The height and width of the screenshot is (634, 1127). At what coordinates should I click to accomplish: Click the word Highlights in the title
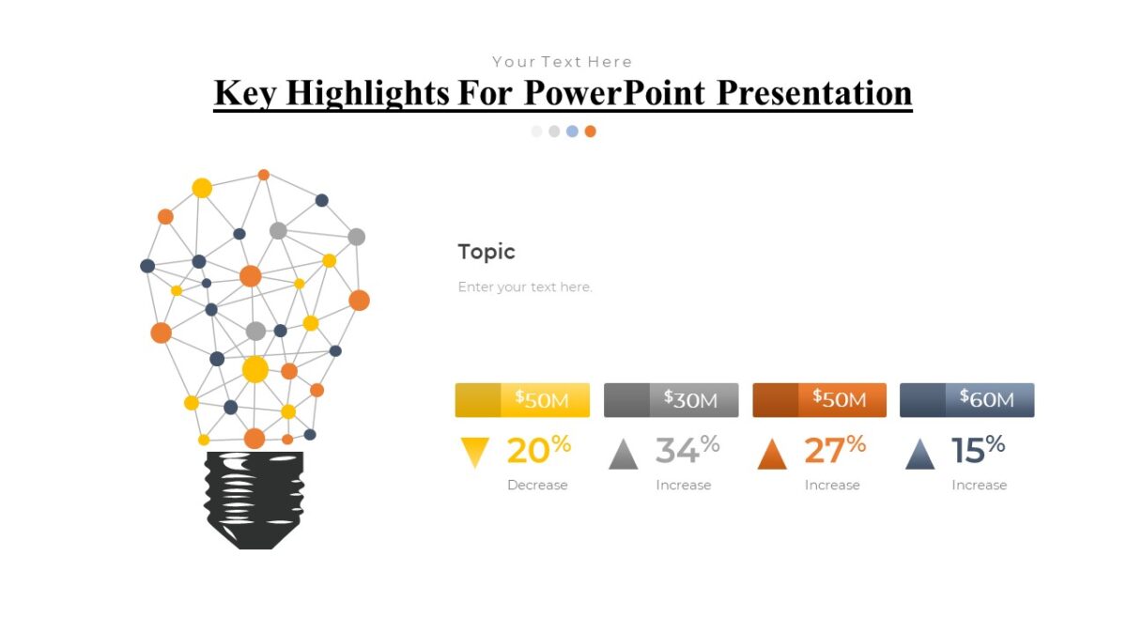click(x=366, y=93)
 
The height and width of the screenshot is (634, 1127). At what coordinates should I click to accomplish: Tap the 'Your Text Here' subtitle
click(x=562, y=62)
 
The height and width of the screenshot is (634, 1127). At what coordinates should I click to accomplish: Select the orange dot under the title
click(x=590, y=131)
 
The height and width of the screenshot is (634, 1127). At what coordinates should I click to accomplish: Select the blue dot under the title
click(x=572, y=131)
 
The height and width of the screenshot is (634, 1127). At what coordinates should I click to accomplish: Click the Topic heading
click(x=486, y=252)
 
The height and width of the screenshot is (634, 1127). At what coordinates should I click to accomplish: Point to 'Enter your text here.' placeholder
click(x=525, y=287)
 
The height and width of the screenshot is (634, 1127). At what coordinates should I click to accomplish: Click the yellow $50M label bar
click(x=522, y=400)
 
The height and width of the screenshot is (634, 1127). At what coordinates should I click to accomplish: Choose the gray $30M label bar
click(x=671, y=400)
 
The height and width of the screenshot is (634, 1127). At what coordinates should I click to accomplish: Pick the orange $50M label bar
click(x=819, y=400)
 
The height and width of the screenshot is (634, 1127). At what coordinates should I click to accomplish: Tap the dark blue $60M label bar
click(x=966, y=400)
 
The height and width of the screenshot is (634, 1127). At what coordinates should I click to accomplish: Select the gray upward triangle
click(x=623, y=455)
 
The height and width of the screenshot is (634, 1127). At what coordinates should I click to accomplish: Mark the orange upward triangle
click(x=772, y=455)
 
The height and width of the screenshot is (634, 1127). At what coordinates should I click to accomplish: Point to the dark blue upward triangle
click(x=919, y=455)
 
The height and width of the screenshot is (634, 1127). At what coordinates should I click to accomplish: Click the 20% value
click(x=538, y=451)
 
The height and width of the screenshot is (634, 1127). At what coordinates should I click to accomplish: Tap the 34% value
click(x=687, y=451)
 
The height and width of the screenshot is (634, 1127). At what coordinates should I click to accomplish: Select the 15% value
click(x=978, y=451)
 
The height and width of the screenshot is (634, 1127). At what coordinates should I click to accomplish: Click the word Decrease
click(x=537, y=486)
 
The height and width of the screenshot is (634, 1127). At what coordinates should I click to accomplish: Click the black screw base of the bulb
click(x=254, y=499)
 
